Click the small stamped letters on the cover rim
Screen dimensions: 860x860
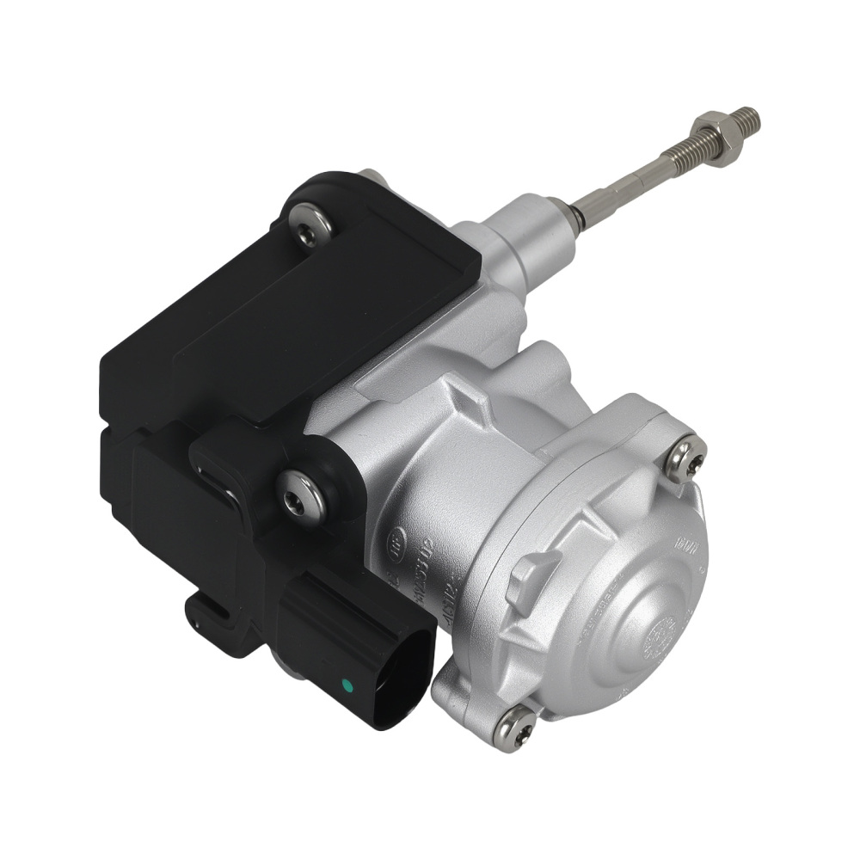click(687, 547)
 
